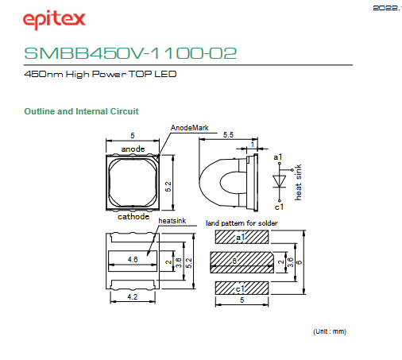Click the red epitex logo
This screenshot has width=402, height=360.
tap(54, 20)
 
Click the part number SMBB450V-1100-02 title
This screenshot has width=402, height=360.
tap(130, 53)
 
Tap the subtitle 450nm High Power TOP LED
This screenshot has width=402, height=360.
tap(100, 74)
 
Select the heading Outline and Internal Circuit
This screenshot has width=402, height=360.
tap(81, 111)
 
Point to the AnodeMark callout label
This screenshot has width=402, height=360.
tap(190, 128)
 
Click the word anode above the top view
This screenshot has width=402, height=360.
tap(133, 149)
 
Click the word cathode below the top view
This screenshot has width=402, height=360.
tap(133, 217)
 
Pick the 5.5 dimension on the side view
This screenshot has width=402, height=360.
tap(228, 134)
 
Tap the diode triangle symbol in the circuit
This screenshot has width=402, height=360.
tap(280, 181)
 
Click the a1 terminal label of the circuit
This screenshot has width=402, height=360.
tap(278, 157)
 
